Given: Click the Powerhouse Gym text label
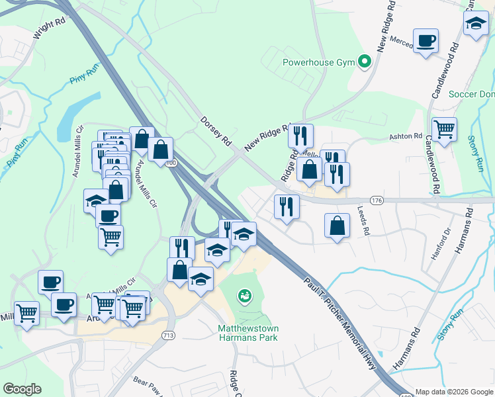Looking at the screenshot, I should [x=318, y=63].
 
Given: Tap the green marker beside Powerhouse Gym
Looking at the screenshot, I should [x=364, y=63].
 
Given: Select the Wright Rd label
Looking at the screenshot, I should [x=49, y=30].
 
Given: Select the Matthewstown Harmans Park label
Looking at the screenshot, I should [x=247, y=333].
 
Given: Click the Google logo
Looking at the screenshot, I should [x=22, y=389].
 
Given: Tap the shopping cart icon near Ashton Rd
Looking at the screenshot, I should [x=444, y=128].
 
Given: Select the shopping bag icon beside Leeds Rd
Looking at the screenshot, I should [x=337, y=225].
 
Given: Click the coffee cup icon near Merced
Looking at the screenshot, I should [x=426, y=40].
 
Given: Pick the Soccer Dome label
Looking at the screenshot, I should [x=471, y=94].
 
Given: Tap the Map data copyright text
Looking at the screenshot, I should [x=454, y=392].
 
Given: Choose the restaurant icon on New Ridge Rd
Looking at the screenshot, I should [x=301, y=136].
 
